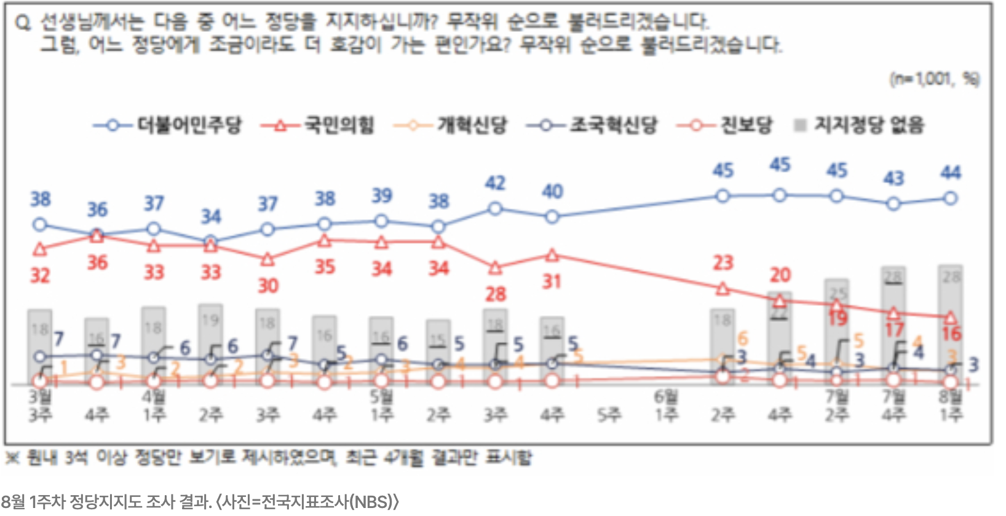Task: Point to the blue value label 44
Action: [x=951, y=173]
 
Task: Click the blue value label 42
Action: [x=495, y=183]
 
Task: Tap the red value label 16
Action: [x=951, y=334]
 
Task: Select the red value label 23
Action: [x=723, y=263]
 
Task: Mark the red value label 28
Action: [x=496, y=294]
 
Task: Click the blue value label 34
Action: [x=211, y=216]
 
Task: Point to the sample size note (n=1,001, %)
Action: [x=935, y=79]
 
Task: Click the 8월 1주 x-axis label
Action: [x=951, y=406]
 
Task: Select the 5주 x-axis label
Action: [x=609, y=415]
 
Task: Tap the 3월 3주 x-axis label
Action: [x=40, y=406]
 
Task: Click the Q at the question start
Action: [x=23, y=23]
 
